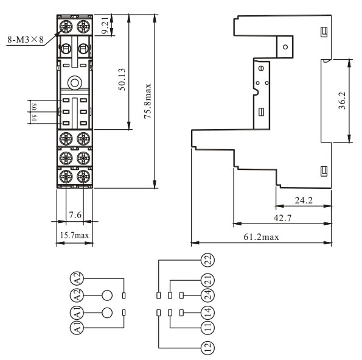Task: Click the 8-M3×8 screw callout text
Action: click(x=26, y=40)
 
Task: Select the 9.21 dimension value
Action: click(x=105, y=25)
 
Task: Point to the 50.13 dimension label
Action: click(x=122, y=79)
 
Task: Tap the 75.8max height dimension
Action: click(x=147, y=101)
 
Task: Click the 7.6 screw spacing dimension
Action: click(x=75, y=215)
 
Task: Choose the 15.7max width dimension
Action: click(x=74, y=235)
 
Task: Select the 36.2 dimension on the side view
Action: click(x=342, y=101)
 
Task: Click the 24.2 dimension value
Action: click(x=304, y=200)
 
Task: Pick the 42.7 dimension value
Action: click(x=282, y=218)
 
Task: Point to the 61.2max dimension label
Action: click(x=262, y=237)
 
